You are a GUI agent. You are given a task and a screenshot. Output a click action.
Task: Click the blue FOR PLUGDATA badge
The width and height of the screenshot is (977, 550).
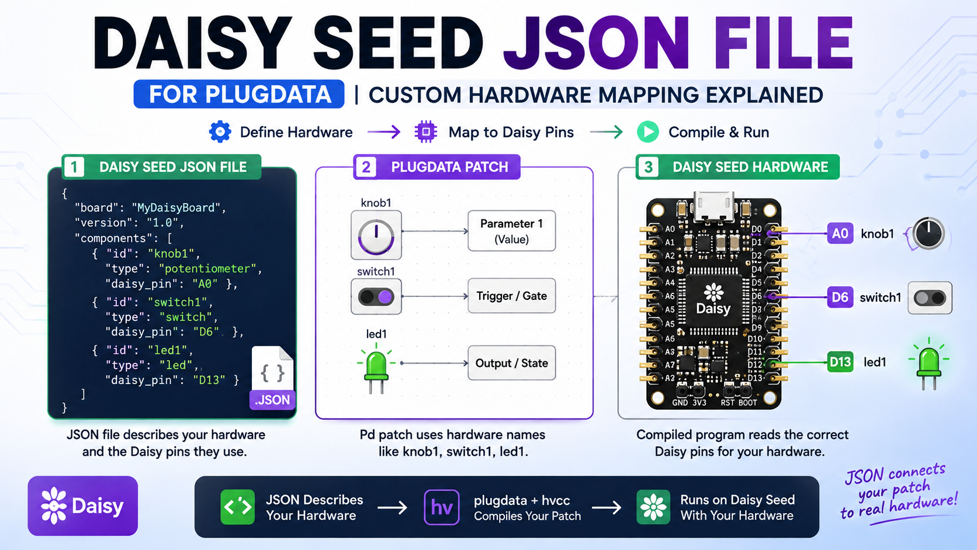click(238, 94)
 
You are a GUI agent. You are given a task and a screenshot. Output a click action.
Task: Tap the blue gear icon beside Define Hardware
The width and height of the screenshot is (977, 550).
click(220, 132)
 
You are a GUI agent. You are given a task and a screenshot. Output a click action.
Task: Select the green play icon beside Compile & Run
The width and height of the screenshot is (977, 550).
click(647, 132)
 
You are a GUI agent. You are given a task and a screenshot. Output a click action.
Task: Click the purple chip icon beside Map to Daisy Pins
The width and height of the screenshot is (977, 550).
click(426, 132)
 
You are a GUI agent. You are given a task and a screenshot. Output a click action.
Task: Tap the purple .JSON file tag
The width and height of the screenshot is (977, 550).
click(272, 400)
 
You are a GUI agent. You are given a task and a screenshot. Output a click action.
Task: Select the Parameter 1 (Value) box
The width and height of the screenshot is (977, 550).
click(512, 231)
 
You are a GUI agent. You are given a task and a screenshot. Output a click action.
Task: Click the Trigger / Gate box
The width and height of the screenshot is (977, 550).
click(512, 296)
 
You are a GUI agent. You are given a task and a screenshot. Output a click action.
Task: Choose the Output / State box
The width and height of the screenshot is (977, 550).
click(512, 363)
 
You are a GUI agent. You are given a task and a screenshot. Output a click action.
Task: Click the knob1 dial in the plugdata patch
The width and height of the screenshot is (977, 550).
click(376, 235)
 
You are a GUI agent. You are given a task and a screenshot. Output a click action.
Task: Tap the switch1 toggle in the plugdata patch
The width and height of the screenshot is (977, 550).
click(376, 297)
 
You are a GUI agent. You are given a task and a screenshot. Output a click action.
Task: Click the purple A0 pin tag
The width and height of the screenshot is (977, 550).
click(840, 233)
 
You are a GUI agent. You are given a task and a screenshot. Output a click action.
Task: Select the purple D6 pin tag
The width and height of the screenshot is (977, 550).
click(840, 297)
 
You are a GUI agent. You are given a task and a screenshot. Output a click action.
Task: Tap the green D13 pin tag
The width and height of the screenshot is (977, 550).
click(840, 362)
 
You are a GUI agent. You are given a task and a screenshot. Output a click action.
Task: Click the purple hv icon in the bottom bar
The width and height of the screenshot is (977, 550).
click(441, 507)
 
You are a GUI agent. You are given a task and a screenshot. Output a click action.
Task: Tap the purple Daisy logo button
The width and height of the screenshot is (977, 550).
click(83, 506)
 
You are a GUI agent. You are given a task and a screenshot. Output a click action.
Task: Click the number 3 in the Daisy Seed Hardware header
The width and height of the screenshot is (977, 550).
click(649, 167)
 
